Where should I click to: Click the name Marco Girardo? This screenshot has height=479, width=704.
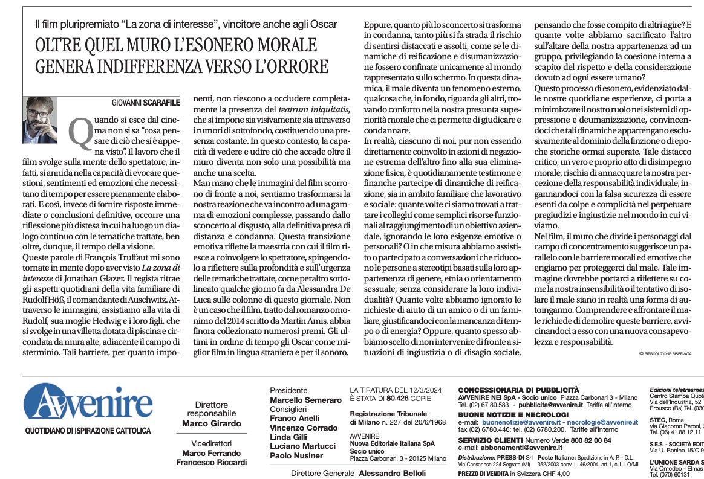pyautogui.click(x=212, y=423)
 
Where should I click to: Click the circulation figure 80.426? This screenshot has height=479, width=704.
pyautogui.click(x=400, y=399)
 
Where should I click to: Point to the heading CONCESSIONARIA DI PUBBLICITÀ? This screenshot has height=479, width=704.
pyautogui.click(x=518, y=390)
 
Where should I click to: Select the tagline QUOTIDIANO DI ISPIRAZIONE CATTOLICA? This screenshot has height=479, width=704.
pyautogui.click(x=88, y=431)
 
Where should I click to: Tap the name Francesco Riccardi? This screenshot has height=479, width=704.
pyautogui.click(x=212, y=463)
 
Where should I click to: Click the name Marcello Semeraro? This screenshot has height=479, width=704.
pyautogui.click(x=305, y=400)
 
